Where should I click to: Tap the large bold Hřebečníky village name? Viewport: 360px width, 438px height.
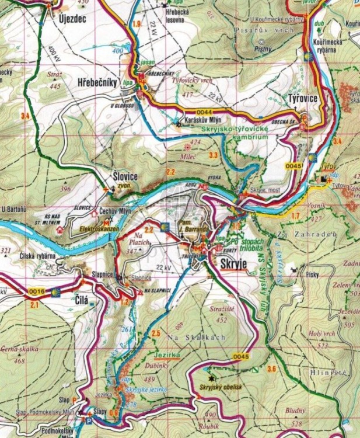click(99, 84)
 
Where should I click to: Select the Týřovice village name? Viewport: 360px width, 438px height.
click(302, 99)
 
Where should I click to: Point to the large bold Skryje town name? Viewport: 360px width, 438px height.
click(235, 263)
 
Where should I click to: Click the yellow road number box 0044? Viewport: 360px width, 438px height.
click(201, 112)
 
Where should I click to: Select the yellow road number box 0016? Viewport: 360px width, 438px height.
click(36, 291)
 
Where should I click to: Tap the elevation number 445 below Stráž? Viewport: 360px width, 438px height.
click(55, 86)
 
